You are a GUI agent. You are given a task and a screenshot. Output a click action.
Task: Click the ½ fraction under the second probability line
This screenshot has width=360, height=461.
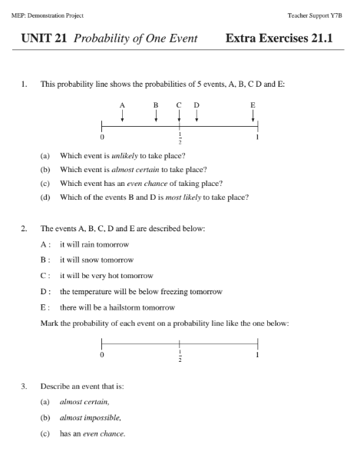point(180,357)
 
